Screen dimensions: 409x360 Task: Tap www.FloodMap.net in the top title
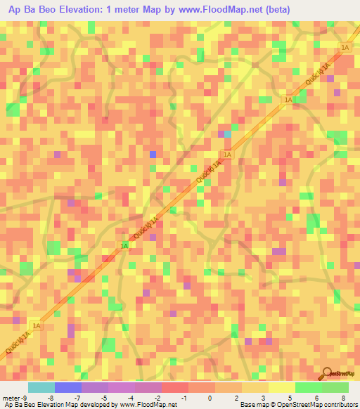(x=227, y=10)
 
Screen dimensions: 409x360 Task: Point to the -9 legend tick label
(x=23, y=398)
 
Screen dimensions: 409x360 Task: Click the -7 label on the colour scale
(x=77, y=398)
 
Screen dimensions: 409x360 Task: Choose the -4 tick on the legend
(x=131, y=398)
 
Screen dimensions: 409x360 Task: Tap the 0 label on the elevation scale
(x=209, y=398)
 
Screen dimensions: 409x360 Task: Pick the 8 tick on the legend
(x=342, y=398)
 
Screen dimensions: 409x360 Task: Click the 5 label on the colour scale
(x=289, y=398)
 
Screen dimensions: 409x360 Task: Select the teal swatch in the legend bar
(x=41, y=387)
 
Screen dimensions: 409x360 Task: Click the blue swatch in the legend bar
(x=68, y=387)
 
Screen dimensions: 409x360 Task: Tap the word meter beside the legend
(x=10, y=398)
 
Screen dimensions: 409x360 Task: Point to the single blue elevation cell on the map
(x=153, y=155)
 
